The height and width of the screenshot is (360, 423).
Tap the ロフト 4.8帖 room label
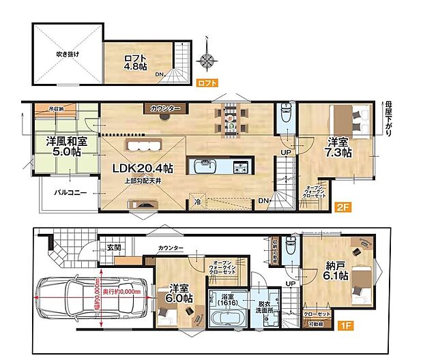click(134, 63)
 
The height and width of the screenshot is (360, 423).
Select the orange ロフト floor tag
click(207, 83)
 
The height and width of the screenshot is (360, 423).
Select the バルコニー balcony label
click(70, 193)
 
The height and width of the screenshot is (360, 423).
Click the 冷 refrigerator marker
click(196, 201)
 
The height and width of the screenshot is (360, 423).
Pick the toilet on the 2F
click(285, 117)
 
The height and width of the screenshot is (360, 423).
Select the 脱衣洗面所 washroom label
click(267, 306)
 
